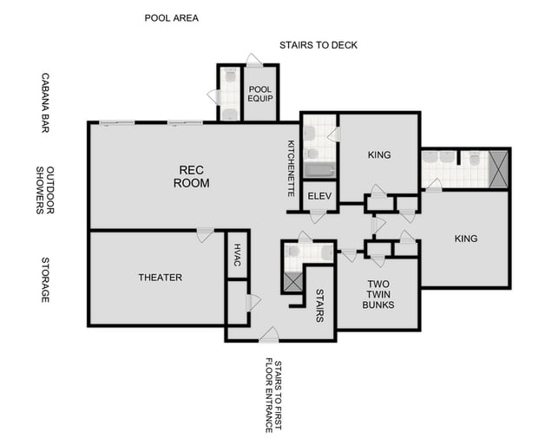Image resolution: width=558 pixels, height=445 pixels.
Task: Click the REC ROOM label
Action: pyautogui.click(x=191, y=176)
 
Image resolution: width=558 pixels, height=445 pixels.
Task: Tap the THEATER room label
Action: pyautogui.click(x=161, y=278)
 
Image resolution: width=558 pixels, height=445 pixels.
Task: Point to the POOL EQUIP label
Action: pyautogui.click(x=260, y=94)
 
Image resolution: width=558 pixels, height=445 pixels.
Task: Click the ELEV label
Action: pyautogui.click(x=318, y=196)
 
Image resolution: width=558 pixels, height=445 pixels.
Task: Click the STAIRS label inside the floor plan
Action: pyautogui.click(x=319, y=305)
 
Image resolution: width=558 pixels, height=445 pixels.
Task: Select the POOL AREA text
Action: pyautogui.click(x=171, y=17)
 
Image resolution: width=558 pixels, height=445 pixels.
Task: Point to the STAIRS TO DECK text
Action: pyautogui.click(x=318, y=45)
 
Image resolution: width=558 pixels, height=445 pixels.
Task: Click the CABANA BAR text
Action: pyautogui.click(x=45, y=102)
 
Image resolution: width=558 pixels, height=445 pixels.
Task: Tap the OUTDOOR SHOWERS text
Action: pyautogui.click(x=45, y=191)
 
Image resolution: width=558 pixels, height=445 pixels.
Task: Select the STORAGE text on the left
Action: pyautogui.click(x=45, y=279)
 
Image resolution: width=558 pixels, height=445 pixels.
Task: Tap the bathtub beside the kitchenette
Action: pyautogui.click(x=318, y=168)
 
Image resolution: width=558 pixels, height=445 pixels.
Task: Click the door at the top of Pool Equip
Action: pyautogui.click(x=254, y=61)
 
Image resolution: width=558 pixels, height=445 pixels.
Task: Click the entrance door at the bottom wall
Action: pyautogui.click(x=269, y=335)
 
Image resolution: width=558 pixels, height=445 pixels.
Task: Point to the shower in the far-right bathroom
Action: pyautogui.click(x=498, y=169)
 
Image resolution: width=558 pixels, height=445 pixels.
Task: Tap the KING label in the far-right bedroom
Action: pyautogui.click(x=466, y=239)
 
